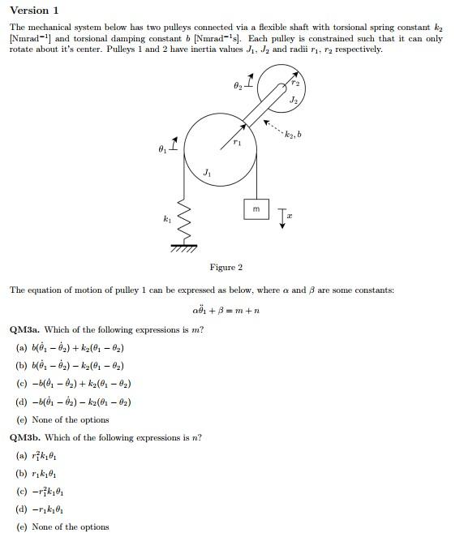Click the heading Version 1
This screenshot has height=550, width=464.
pyautogui.click(x=34, y=11)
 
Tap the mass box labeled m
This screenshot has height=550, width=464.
pyautogui.click(x=256, y=209)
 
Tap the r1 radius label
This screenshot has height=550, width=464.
pyautogui.click(x=237, y=142)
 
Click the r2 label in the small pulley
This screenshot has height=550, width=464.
pyautogui.click(x=295, y=83)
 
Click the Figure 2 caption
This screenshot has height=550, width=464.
pyautogui.click(x=226, y=267)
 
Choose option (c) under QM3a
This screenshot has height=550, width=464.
pyautogui.click(x=74, y=384)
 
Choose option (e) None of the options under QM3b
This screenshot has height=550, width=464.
pyautogui.click(x=62, y=526)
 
